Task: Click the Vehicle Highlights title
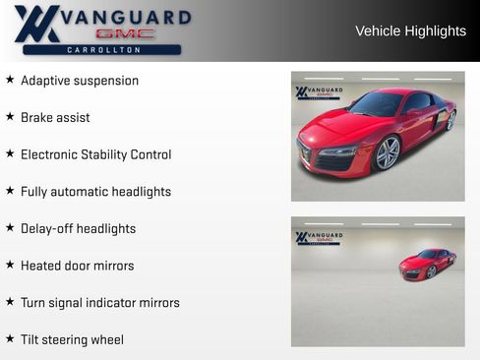(410, 31)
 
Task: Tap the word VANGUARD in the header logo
(126, 18)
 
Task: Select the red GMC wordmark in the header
(125, 33)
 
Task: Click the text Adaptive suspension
(80, 81)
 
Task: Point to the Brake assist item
(55, 118)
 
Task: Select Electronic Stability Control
(95, 154)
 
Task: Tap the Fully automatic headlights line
(95, 192)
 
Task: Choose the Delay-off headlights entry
(78, 229)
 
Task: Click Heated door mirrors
(77, 266)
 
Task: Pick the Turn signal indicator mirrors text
(99, 303)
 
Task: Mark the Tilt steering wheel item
(72, 340)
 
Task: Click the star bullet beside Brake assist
(10, 117)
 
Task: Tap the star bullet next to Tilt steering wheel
(10, 339)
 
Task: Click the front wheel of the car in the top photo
(388, 152)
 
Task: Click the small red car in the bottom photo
(427, 264)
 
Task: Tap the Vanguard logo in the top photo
(319, 92)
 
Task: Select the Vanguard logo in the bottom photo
(319, 238)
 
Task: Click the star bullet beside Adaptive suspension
(10, 80)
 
